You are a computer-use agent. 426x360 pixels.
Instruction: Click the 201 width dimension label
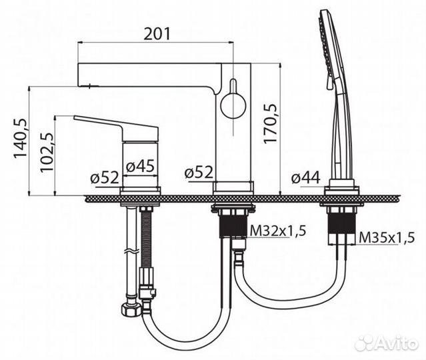coord(157,34)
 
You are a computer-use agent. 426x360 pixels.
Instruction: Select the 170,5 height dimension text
coord(270,123)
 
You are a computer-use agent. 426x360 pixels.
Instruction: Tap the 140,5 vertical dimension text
coord(21,138)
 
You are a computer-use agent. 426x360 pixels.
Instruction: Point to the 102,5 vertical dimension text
coord(47,152)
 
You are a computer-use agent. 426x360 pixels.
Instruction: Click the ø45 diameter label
coord(140,166)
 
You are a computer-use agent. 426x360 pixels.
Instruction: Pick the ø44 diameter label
coord(306,178)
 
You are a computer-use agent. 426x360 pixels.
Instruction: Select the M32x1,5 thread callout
coord(278,231)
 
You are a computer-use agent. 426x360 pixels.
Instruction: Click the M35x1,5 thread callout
coord(387,238)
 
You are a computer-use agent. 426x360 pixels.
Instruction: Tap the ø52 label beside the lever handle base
coord(105,177)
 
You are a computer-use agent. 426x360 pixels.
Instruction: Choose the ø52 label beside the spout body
coord(199,172)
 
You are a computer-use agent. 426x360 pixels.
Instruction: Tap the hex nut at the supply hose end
coord(131,309)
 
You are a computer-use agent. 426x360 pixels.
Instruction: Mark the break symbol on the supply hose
coord(132,251)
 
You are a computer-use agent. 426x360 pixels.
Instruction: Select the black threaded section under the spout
coord(233,225)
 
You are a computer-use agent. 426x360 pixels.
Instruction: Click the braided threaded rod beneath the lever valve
coord(147,239)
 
